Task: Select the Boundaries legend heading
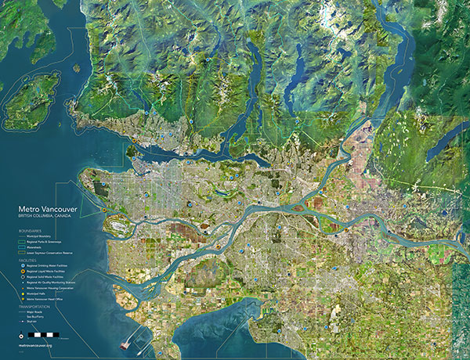pos(35,231)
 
